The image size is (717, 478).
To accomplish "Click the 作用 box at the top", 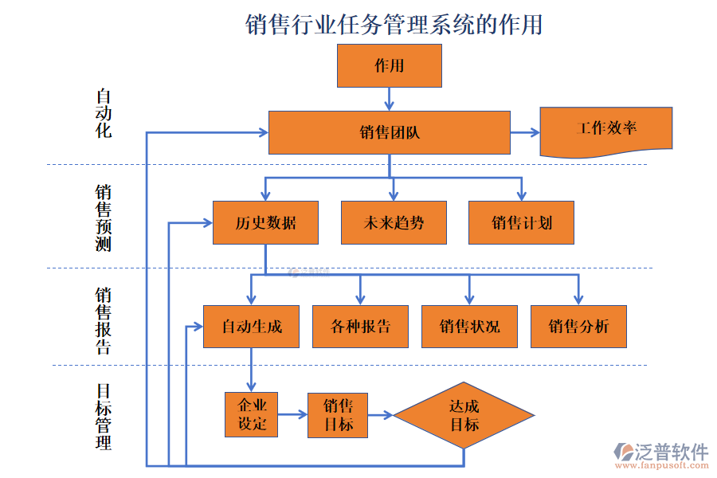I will point(389,65).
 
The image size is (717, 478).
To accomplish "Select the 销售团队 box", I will point(389,132).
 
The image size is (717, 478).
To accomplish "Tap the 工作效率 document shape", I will point(605,130).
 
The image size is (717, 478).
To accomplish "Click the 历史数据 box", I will point(265,222).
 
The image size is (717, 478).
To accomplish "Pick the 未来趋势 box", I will point(394,222).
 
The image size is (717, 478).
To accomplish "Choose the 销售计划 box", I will point(521,222).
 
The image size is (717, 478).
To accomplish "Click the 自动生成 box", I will point(251,327).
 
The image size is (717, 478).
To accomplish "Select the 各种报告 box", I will point(360,327).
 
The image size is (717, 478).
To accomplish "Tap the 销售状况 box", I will point(469,327).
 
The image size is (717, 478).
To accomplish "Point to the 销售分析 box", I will point(578,327).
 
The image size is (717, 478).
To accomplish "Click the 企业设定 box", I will point(252,414).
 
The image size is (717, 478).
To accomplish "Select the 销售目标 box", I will point(338,414).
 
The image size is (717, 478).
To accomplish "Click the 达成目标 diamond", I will point(464,415).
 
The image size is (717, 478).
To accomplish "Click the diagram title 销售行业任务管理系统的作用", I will point(394,25).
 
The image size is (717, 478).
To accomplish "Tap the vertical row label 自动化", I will point(104,113).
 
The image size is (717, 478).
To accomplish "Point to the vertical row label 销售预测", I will point(104,217).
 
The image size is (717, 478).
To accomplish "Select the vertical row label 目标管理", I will point(104,416).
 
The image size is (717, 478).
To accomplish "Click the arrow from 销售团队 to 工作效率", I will point(524,132).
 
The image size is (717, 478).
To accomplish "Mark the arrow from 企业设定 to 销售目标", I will point(292,414).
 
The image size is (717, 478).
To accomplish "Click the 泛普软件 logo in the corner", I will point(660,454).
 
